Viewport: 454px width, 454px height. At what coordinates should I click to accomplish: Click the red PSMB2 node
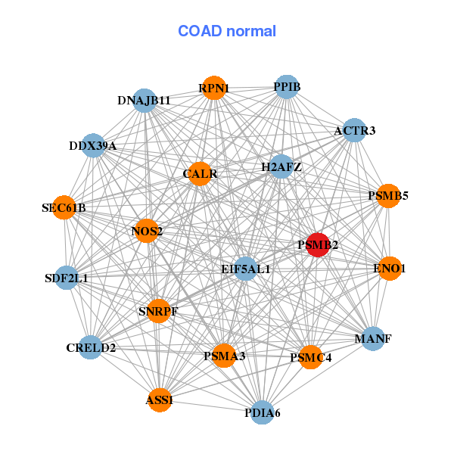point(318,245)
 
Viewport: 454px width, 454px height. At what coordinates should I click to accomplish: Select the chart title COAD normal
point(227,32)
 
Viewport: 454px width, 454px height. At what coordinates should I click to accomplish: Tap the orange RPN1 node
point(214,89)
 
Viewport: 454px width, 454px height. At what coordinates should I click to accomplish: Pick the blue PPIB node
point(286,87)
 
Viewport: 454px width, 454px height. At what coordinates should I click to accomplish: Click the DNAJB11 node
point(145,101)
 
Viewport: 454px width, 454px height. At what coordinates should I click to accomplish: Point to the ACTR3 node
point(354,131)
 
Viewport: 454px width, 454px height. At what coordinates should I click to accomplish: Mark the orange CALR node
point(200,174)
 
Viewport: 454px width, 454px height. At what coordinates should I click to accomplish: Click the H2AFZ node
point(281,166)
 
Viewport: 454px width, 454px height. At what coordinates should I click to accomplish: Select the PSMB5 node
point(388,196)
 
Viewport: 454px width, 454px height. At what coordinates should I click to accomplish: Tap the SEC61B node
point(64,207)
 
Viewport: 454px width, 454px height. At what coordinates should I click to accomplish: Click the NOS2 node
point(147,231)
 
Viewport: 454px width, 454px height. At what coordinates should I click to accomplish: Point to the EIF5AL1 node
point(245,269)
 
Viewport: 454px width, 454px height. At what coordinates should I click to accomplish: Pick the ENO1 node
point(389,268)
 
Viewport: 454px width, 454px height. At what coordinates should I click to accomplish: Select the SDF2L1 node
point(67,278)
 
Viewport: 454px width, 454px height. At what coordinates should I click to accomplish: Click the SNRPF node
point(158,311)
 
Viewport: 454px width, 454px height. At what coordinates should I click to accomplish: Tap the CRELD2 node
point(91,347)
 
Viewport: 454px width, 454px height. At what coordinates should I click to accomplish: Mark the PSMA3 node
point(224,356)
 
